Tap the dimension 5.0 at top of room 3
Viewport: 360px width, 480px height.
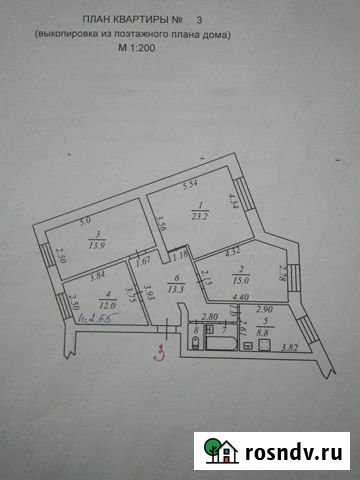(x=86, y=220)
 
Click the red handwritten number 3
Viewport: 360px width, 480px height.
(x=158, y=352)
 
